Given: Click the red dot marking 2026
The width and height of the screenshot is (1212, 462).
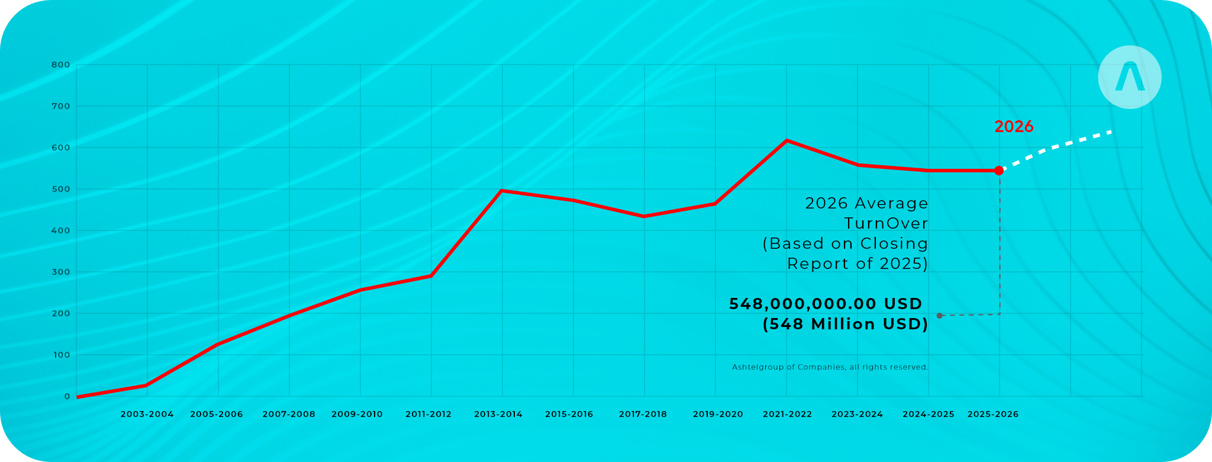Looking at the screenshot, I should [x=999, y=171].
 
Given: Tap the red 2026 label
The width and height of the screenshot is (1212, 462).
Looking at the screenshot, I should [x=1014, y=127].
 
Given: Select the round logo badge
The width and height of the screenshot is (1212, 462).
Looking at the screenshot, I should [x=1130, y=77].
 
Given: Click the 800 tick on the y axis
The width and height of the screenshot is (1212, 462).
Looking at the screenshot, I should [x=61, y=65].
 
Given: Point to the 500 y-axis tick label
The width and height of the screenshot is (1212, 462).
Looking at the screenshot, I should [x=61, y=189].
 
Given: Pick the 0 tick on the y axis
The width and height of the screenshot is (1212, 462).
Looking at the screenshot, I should [x=67, y=396].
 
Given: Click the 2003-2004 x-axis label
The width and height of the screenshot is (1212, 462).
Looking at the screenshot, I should [x=147, y=414].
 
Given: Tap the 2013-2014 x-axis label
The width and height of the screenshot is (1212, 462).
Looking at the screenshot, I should [x=498, y=414].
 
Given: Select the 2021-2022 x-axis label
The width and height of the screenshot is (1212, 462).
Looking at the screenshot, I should [x=787, y=414].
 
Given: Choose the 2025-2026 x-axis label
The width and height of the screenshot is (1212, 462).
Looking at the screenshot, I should [x=993, y=414].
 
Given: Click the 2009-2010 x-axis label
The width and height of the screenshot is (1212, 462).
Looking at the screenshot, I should [x=357, y=414].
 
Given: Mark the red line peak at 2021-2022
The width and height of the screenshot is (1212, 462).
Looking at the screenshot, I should [x=786, y=140].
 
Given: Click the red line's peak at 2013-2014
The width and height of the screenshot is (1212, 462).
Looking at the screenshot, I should [x=502, y=191].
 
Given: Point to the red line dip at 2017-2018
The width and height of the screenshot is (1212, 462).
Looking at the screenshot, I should [x=644, y=216].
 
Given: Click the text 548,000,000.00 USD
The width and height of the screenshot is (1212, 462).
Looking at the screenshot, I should [x=826, y=304].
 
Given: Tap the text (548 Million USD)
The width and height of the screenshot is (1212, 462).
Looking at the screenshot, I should [x=845, y=325].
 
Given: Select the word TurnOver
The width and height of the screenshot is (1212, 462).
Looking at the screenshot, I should [x=886, y=223].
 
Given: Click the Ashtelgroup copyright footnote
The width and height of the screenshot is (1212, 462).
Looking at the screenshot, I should [x=830, y=367].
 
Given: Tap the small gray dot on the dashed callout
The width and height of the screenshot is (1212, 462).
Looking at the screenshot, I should [x=940, y=316].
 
